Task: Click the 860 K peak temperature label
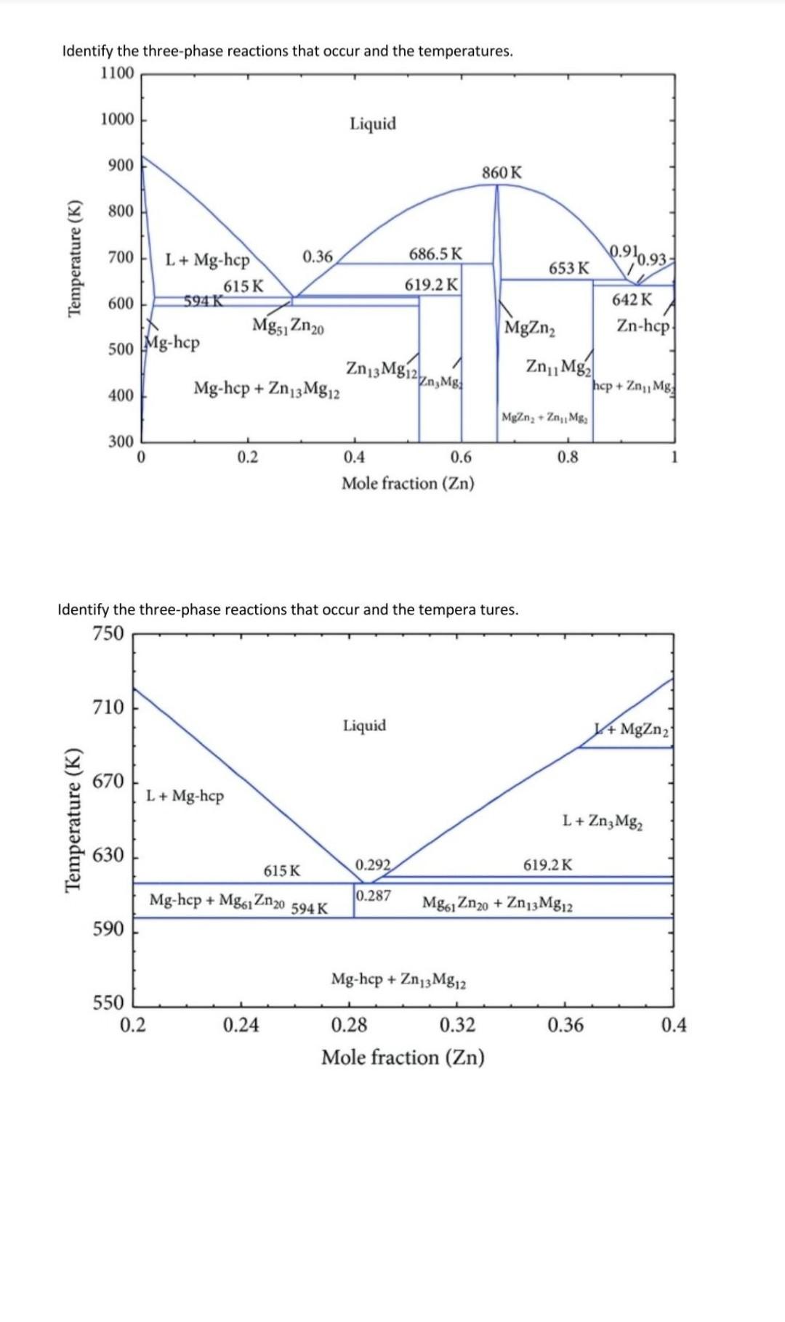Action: coord(502,173)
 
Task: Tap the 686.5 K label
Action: coord(435,254)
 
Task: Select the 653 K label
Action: coord(568,268)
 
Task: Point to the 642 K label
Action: coord(632,300)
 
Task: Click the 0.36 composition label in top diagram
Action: coord(317,256)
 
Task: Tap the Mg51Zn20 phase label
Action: coord(288,325)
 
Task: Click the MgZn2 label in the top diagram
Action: coord(530,328)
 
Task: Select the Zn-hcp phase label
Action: coord(643,325)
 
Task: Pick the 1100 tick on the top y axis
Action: coord(118,73)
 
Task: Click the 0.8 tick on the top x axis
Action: coord(568,458)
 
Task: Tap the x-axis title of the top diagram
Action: coord(408,483)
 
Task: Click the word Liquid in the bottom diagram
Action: coord(365,726)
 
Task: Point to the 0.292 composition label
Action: coord(373,865)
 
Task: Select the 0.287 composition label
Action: coord(374,896)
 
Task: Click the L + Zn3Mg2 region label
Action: coord(603,822)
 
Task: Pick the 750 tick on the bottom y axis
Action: coord(108,633)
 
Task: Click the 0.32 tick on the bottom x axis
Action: coord(458,1025)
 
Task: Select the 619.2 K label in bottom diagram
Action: coord(547,865)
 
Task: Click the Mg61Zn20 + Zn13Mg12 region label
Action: coord(497,904)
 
